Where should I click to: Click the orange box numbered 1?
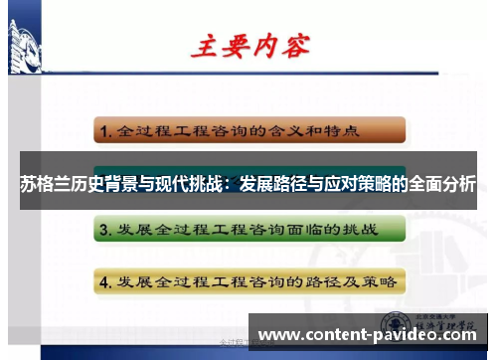[x=249, y=129]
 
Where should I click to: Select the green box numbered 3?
[x=249, y=230]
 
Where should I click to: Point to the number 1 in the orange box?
[x=104, y=130]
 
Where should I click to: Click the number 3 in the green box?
[x=104, y=231]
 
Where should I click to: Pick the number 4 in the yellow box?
[x=104, y=280]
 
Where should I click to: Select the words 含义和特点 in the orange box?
[x=313, y=129]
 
